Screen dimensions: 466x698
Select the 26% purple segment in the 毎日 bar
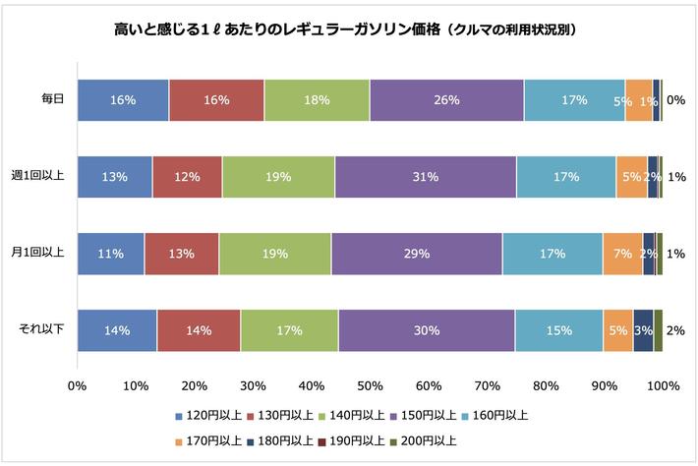(x=446, y=99)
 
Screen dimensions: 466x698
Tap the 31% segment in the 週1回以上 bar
(x=425, y=177)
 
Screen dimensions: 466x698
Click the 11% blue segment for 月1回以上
(x=110, y=254)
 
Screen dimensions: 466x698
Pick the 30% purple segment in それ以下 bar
(x=426, y=330)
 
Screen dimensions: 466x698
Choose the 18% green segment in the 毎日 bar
(x=317, y=99)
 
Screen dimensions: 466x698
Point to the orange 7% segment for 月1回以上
(x=622, y=254)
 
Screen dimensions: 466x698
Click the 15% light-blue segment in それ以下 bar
(x=558, y=330)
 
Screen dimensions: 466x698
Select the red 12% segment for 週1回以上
(x=187, y=177)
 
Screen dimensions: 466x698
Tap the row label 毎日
(x=52, y=99)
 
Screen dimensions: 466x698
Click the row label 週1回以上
(x=39, y=177)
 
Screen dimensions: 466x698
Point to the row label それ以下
(x=43, y=330)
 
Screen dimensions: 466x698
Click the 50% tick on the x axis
(x=370, y=385)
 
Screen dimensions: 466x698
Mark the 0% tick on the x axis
(x=77, y=385)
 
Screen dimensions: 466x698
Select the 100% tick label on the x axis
(x=663, y=385)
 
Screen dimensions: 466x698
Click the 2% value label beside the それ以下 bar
(x=675, y=330)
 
